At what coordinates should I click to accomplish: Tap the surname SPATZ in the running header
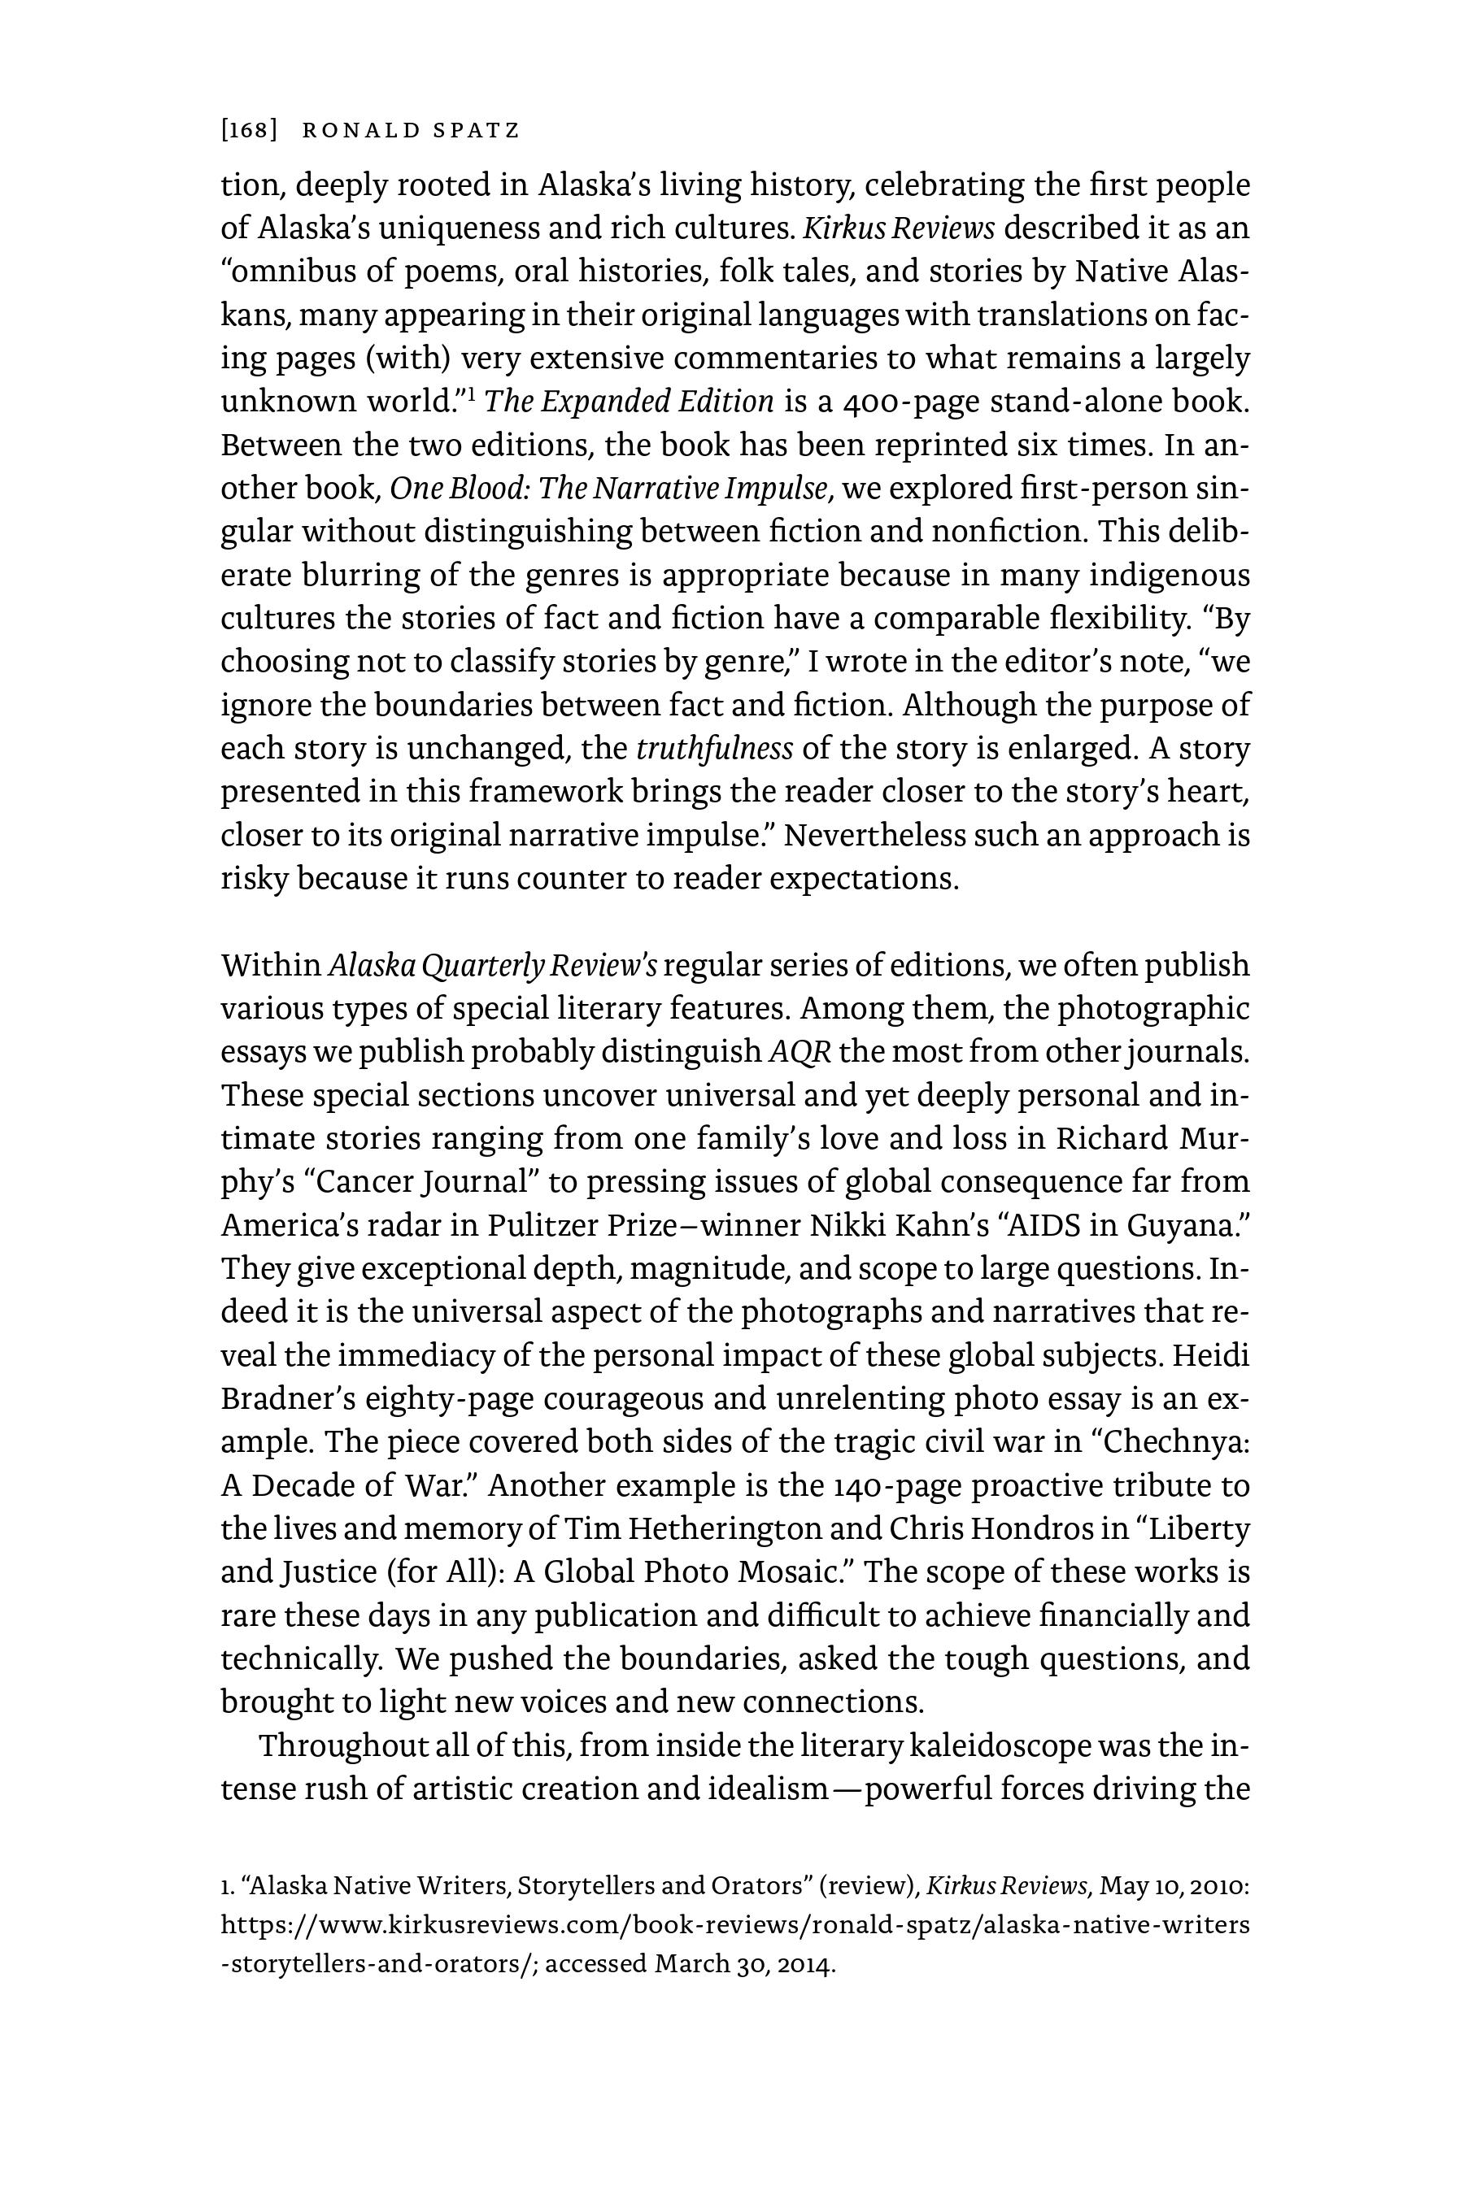tap(475, 131)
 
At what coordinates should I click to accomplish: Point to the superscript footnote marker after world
tap(473, 393)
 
